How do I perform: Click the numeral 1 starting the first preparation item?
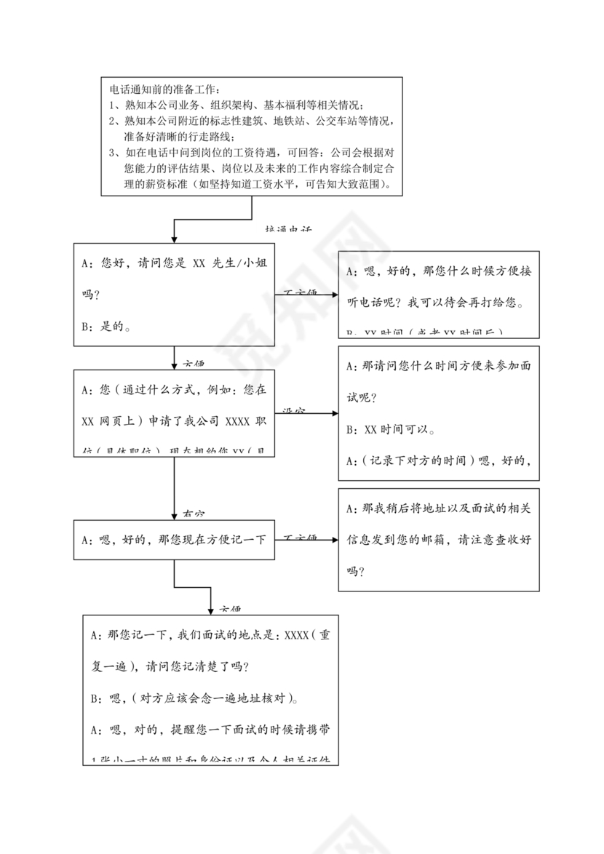coord(112,105)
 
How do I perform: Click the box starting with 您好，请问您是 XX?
coord(174,294)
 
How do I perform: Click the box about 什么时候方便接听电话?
coord(439,294)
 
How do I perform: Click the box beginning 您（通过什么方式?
coord(174,412)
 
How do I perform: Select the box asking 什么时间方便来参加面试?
coord(439,413)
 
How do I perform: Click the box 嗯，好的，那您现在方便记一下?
coord(174,540)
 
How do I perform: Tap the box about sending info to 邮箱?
coord(439,539)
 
